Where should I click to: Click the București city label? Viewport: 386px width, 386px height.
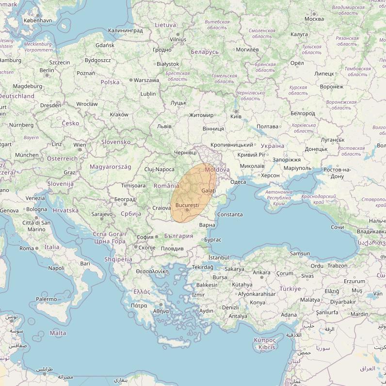tap(187, 206)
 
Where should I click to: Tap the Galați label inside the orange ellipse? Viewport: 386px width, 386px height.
tap(209, 191)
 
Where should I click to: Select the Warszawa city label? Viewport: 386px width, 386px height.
tap(146, 80)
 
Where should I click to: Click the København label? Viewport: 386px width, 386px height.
tap(38, 21)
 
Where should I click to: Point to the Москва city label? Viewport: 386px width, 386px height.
tap(314, 19)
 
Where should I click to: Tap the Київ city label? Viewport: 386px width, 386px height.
tap(236, 116)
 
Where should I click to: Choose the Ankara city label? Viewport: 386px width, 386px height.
tap(261, 273)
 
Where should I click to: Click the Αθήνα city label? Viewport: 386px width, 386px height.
tap(161, 311)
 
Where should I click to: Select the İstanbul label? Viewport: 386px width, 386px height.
tap(218, 257)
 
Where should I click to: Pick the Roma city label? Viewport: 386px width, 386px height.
tap(27, 248)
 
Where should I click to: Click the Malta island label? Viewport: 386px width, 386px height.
tap(58, 333)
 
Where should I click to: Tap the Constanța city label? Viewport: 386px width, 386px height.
tap(230, 214)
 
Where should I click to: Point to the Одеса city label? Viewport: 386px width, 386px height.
tap(238, 182)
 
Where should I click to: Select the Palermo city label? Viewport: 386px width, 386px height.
tap(47, 299)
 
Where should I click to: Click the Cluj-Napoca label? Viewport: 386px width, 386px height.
tap(160, 169)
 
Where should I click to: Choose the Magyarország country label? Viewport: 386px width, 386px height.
tap(111, 167)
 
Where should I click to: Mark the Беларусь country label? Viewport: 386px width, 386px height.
tap(205, 52)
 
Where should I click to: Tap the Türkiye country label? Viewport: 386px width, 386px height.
tap(290, 289)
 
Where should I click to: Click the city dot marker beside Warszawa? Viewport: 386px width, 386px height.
tap(131, 80)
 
